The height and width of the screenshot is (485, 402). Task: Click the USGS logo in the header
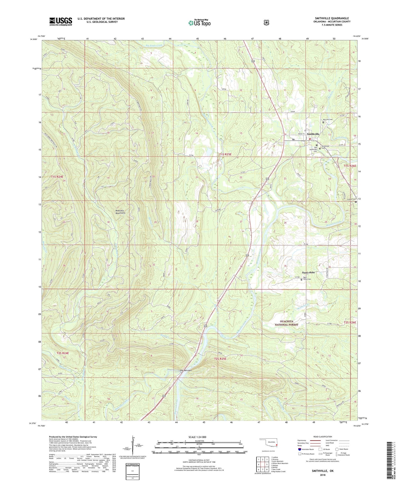coord(61,21)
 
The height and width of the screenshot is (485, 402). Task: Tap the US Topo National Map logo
coord(199,22)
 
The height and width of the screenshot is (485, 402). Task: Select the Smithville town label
coord(313,134)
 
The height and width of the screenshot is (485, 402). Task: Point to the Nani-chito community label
coord(308,272)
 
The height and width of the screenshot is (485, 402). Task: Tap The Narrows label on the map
coord(186,370)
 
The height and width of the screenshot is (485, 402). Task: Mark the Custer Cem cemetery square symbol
coord(356,202)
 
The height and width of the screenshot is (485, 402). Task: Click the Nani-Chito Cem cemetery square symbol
coord(301,280)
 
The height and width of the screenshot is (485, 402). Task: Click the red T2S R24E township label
coord(63,353)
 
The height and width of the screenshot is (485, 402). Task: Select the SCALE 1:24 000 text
coord(197,437)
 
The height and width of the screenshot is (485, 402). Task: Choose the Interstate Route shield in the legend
coord(299,449)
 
